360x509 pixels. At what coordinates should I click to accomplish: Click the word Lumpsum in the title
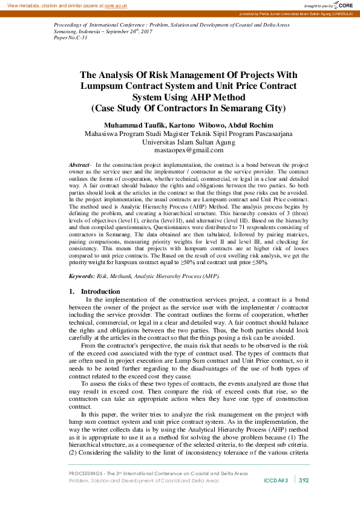click(102, 86)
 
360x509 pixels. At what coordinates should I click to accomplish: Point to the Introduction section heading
click(100, 291)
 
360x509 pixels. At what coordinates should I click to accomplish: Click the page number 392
click(304, 480)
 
